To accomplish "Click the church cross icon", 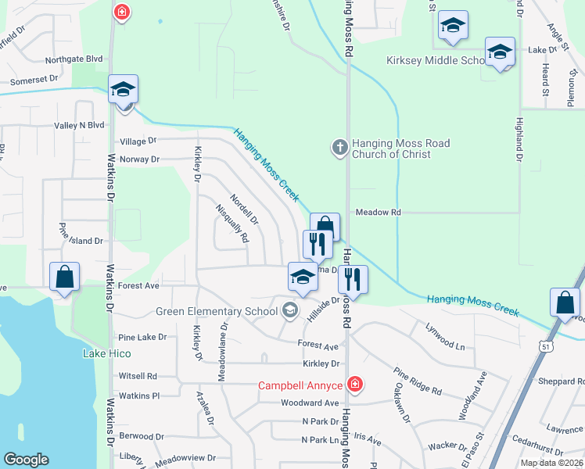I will tap(339, 148).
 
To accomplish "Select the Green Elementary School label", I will tap(217, 311).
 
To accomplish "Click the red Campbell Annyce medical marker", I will tap(354, 384).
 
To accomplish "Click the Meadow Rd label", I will tap(378, 212).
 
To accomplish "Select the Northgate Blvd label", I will tap(74, 59).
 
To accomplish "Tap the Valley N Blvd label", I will tap(79, 125).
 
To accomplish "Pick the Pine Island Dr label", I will tap(81, 242).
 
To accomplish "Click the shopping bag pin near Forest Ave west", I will tap(64, 278).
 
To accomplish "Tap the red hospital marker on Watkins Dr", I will tap(121, 12).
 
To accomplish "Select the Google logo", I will tap(26, 460).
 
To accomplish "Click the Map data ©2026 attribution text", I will tap(551, 463).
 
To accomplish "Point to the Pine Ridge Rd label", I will tap(418, 381).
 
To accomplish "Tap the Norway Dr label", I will tap(139, 159).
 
